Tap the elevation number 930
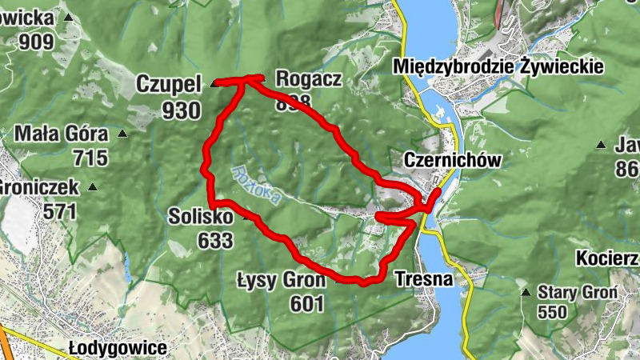[181, 110]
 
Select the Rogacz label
[309, 78]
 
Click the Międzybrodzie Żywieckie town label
[498, 67]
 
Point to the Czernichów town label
[453, 160]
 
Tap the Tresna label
[424, 279]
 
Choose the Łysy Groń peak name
[282, 280]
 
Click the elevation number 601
[307, 303]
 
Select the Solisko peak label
[200, 217]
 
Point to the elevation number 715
[89, 157]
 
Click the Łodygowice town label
[118, 349]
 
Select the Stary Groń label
[578, 292]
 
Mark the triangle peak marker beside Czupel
[213, 83]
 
